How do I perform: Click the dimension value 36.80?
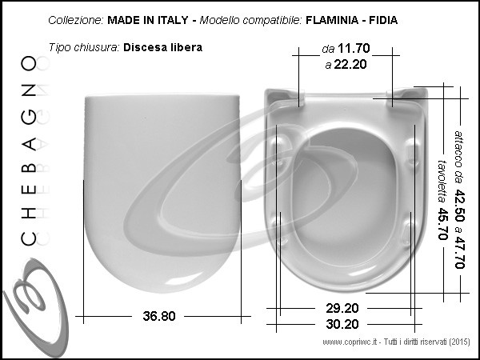(159, 316)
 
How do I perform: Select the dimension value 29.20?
(342, 308)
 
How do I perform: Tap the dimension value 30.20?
(342, 324)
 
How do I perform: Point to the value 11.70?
(354, 48)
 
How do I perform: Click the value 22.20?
(350, 64)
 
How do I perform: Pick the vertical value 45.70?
(443, 224)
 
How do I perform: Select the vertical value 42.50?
(460, 206)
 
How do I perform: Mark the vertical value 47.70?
(460, 252)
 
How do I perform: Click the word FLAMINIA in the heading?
(332, 20)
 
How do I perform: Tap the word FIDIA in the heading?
(383, 20)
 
